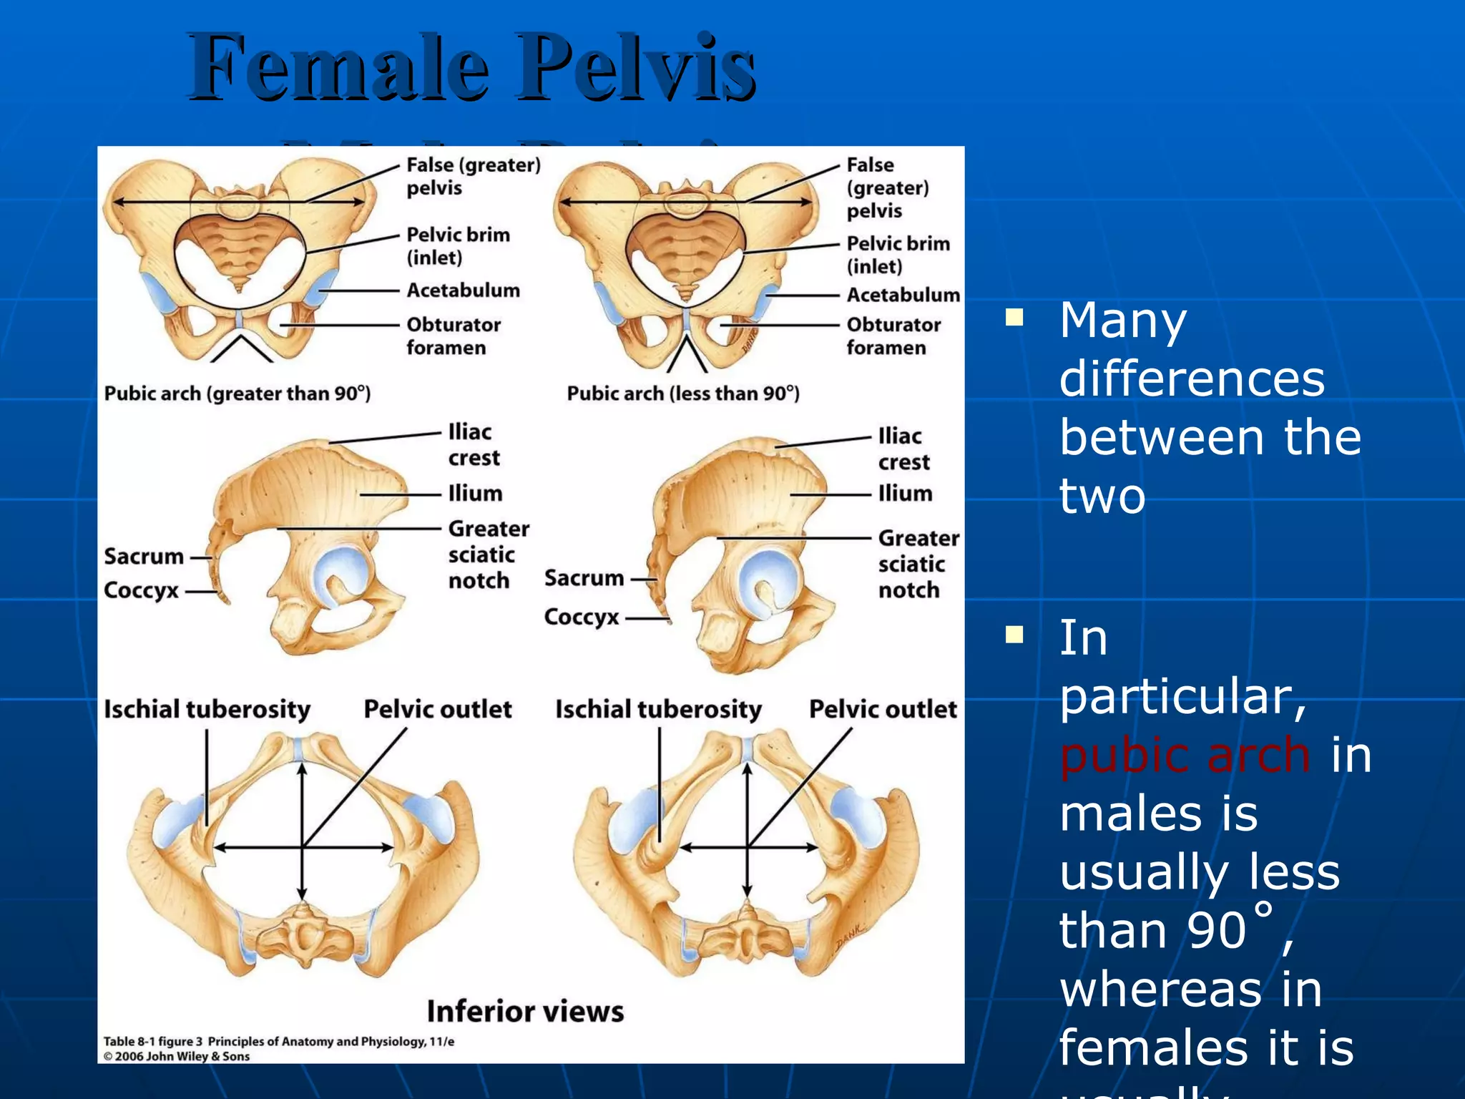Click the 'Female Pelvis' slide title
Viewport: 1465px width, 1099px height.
pyautogui.click(x=472, y=68)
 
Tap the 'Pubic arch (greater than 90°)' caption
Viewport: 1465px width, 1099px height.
pyautogui.click(x=237, y=394)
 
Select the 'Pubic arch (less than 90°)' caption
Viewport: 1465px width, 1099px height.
pyautogui.click(x=683, y=394)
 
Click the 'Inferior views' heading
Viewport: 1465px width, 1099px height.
pyautogui.click(x=525, y=1012)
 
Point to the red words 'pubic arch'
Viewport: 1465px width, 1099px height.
pyautogui.click(x=1185, y=756)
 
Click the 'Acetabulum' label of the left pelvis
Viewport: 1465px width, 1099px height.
pyautogui.click(x=463, y=290)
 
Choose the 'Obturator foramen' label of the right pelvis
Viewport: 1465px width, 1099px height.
pyautogui.click(x=893, y=336)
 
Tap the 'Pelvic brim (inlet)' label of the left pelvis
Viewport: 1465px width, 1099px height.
pyautogui.click(x=458, y=245)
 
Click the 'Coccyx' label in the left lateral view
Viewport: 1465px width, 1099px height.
pyautogui.click(x=141, y=591)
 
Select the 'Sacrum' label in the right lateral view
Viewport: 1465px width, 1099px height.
pyautogui.click(x=584, y=578)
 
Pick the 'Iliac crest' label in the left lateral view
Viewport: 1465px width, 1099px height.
pyautogui.click(x=473, y=445)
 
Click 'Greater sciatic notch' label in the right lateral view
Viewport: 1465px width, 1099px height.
pyautogui.click(x=918, y=564)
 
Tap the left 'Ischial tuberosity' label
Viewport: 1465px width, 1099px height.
pyautogui.click(x=207, y=709)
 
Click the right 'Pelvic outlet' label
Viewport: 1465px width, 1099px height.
pyautogui.click(x=883, y=709)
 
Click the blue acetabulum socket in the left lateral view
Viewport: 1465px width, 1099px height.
pyautogui.click(x=340, y=575)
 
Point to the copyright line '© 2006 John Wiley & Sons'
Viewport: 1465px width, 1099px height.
pyautogui.click(x=177, y=1056)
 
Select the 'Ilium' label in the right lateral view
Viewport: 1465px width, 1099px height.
pyautogui.click(x=905, y=494)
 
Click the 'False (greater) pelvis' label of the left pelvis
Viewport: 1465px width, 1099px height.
pyautogui.click(x=473, y=176)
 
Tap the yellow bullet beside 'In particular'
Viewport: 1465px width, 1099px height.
pyautogui.click(x=1014, y=635)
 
